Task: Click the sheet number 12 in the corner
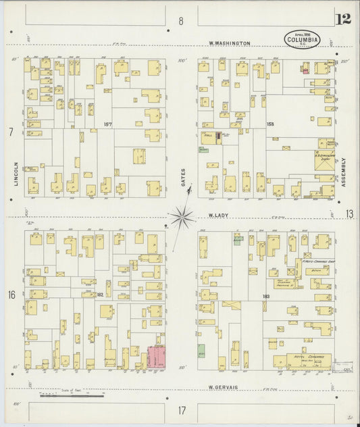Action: click(x=343, y=18)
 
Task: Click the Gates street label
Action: click(x=182, y=178)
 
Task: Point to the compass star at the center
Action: click(x=181, y=217)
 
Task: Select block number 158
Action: click(x=253, y=124)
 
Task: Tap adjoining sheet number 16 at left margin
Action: click(x=11, y=295)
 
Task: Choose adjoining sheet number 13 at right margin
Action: click(x=349, y=214)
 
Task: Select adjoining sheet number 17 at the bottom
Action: click(x=182, y=410)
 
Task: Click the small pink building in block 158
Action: click(x=305, y=70)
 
